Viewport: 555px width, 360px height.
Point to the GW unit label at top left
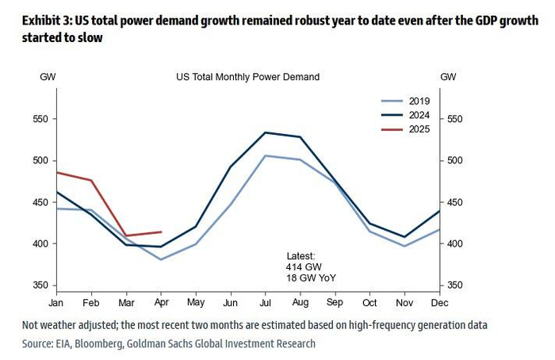[x=48, y=77]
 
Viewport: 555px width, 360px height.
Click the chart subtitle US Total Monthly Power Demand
[x=247, y=77]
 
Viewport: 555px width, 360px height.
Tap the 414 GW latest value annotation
[x=302, y=268]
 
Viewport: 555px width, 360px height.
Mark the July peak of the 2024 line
[x=265, y=132]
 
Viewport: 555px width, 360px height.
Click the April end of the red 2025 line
[x=162, y=232]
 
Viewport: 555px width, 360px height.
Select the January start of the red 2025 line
[x=55, y=172]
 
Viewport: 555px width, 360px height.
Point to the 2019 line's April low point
[x=162, y=259]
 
